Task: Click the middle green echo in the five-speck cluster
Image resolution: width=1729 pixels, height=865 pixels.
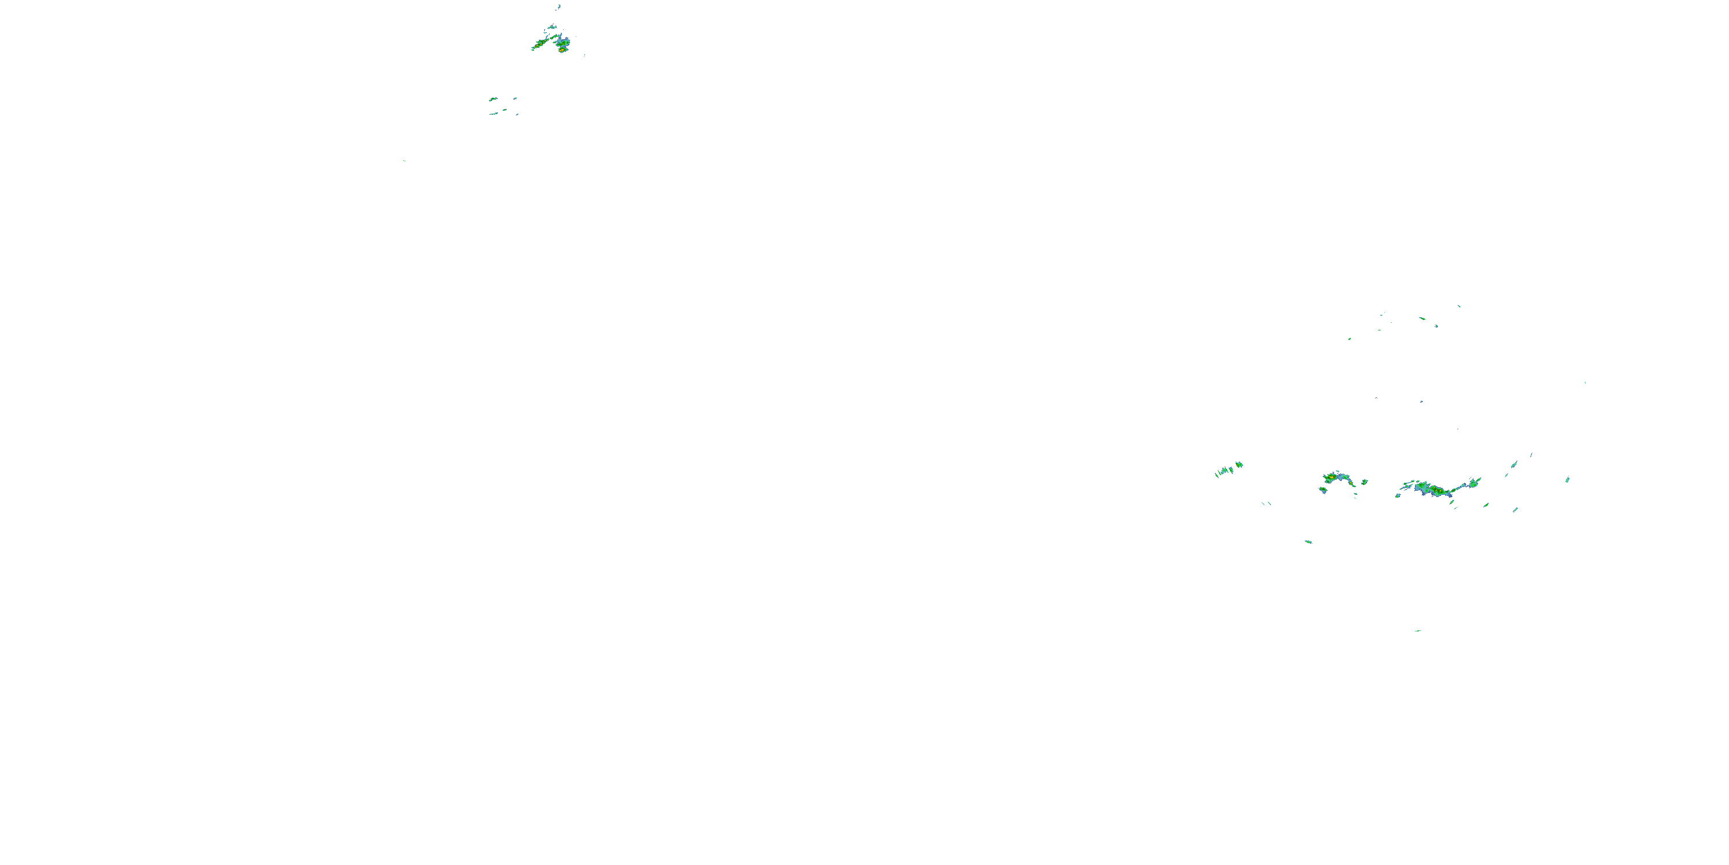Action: pos(505,109)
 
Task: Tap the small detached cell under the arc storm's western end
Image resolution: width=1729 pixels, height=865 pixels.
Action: pos(1323,490)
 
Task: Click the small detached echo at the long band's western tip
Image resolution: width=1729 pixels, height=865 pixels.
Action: pos(1398,495)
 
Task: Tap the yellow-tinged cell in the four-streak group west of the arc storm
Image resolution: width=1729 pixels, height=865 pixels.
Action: pos(1239,464)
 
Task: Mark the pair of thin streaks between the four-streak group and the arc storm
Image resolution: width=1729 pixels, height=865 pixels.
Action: pos(1266,503)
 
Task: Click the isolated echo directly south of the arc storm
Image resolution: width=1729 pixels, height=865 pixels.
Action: pos(1308,541)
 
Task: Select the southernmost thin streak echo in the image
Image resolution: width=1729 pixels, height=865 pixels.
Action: pos(1418,631)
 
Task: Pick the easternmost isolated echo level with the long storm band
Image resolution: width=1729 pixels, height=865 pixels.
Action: pos(1568,480)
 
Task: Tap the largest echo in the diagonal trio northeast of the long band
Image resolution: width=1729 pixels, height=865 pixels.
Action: pos(1514,464)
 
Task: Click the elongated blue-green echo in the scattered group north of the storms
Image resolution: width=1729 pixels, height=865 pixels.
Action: pos(1422,318)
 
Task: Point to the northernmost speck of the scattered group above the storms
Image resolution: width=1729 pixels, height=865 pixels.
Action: pos(1459,306)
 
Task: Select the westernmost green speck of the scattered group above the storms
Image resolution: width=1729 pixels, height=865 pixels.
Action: pos(1349,339)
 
